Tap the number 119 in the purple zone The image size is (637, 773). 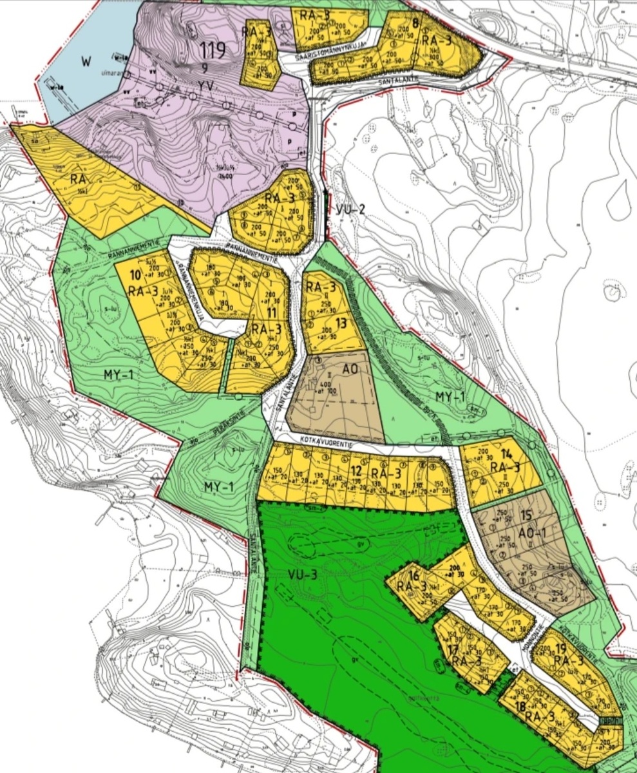tap(212, 50)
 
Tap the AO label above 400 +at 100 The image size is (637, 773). tap(350, 369)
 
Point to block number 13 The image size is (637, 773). tap(341, 322)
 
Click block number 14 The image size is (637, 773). tap(506, 453)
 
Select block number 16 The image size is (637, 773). tap(414, 575)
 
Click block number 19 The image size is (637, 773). tap(560, 649)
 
